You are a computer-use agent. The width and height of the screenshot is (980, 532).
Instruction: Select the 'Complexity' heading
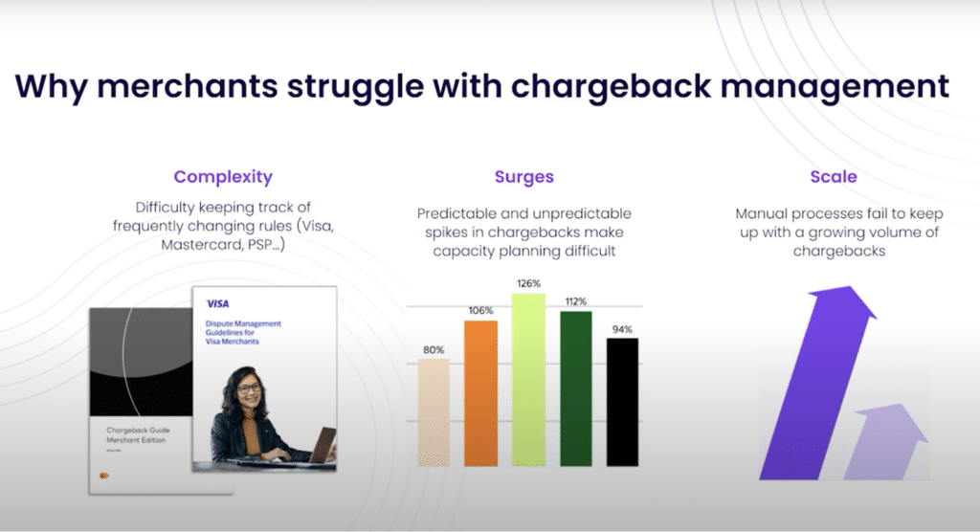[x=223, y=177]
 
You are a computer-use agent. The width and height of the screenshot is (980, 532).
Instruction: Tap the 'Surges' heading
[x=523, y=177]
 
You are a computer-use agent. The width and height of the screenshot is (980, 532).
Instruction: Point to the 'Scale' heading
[x=833, y=177]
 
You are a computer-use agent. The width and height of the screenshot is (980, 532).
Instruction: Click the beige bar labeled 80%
[x=434, y=412]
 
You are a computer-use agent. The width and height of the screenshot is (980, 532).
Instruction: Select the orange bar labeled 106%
[x=480, y=393]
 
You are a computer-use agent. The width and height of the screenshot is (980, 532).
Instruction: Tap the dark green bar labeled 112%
[x=575, y=388]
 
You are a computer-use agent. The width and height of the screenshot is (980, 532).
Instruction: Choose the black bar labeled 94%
[x=622, y=402]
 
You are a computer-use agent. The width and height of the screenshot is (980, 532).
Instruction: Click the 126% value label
[x=528, y=283]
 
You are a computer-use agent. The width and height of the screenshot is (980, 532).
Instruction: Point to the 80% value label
[x=434, y=349]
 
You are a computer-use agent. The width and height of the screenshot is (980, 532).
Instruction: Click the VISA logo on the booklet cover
[x=217, y=303]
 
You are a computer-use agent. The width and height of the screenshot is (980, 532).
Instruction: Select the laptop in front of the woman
[x=318, y=446]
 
